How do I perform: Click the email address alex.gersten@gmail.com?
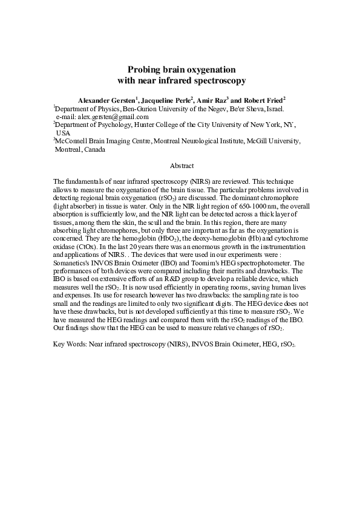coord(111,117)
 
